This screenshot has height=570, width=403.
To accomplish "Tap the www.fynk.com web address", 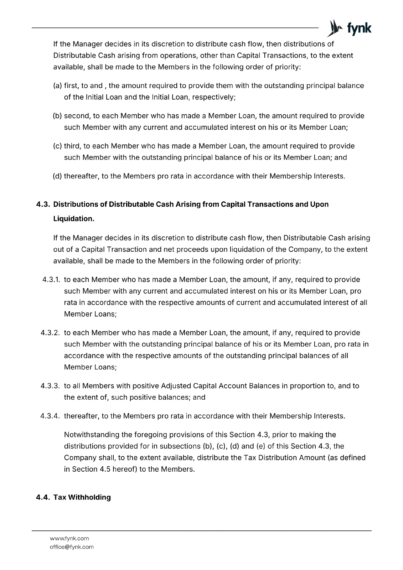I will [69, 538].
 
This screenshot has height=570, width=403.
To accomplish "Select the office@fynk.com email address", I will [72, 547].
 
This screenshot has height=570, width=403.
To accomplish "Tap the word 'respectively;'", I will [214, 97].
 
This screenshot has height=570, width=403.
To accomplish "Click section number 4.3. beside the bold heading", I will [43, 204].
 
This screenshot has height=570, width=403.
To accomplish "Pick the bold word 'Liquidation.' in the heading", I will [74, 219].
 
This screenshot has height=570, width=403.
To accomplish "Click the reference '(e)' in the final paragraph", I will [260, 446].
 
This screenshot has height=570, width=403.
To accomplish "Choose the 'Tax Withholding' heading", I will [82, 497].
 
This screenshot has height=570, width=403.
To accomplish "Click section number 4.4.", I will [43, 497].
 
